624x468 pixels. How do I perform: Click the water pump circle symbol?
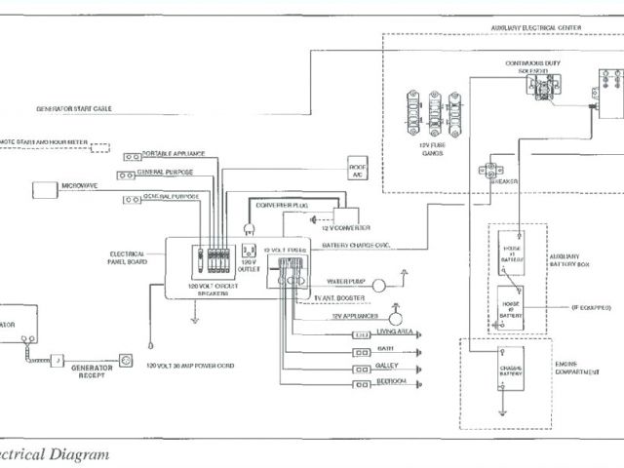point(380,284)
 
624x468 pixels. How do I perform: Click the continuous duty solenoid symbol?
point(540,86)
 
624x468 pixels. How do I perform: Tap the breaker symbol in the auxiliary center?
point(491,171)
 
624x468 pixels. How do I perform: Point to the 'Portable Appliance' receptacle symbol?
point(127,157)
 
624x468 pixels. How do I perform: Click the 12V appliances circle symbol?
point(396,318)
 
